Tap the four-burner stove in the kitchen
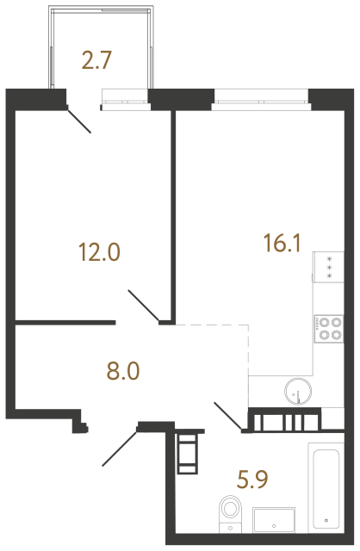pyautogui.click(x=327, y=330)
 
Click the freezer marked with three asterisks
pyautogui.click(x=327, y=267)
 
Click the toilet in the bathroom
pyautogui.click(x=230, y=511)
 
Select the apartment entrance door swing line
pyautogui.click(x=120, y=447)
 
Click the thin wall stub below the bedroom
pyautogui.click(x=65, y=324)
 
